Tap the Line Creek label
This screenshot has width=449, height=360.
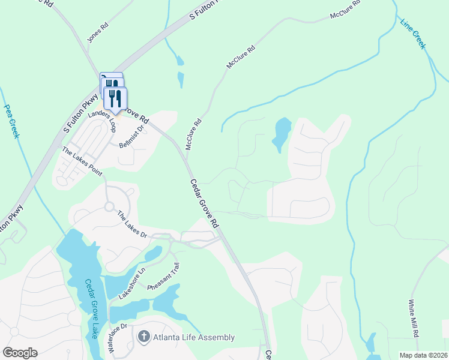pyautogui.click(x=413, y=34)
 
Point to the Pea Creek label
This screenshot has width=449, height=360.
pyautogui.click(x=12, y=121)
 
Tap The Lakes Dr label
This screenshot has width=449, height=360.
pyautogui.click(x=132, y=224)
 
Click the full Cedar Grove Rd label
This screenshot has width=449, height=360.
pyautogui.click(x=204, y=203)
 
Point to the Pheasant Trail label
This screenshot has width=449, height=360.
pyautogui.click(x=164, y=277)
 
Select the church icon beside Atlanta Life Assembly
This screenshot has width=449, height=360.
pyautogui.click(x=143, y=337)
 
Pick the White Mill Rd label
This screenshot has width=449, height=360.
pyautogui.click(x=415, y=319)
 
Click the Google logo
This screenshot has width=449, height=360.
pyautogui.click(x=20, y=353)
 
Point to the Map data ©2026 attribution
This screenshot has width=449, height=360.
pyautogui.click(x=424, y=355)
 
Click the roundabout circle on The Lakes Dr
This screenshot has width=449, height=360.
pyautogui.click(x=109, y=206)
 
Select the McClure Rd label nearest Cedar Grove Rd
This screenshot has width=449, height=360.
pyautogui.click(x=193, y=134)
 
